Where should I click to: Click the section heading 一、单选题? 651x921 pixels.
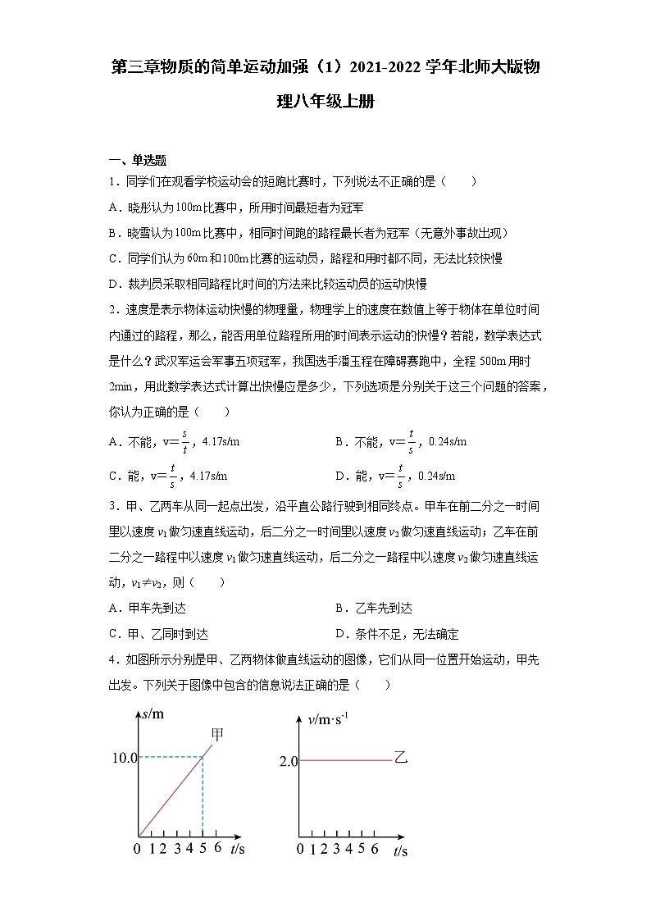click(138, 160)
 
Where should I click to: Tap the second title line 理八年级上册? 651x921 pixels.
click(326, 103)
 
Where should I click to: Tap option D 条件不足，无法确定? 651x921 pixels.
click(397, 634)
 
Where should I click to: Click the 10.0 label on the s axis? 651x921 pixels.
click(124, 757)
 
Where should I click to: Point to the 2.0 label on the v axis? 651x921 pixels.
click(288, 762)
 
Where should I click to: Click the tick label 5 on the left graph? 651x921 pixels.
click(203, 849)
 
